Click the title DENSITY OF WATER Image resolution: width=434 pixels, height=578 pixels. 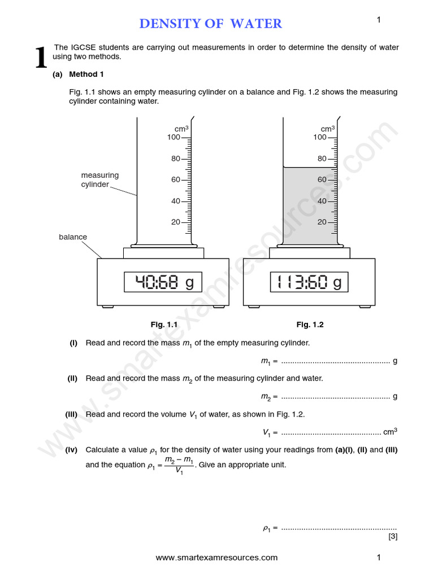[x=210, y=23]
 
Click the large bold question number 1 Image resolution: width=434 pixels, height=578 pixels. [x=41, y=59]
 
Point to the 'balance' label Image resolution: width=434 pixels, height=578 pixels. [x=73, y=237]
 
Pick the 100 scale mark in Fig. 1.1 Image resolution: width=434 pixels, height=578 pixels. [x=173, y=137]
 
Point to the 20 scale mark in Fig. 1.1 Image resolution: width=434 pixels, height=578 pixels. [x=176, y=222]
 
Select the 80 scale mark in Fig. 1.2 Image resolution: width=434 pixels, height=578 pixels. [x=322, y=159]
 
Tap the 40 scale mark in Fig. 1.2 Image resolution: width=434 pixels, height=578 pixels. [x=322, y=201]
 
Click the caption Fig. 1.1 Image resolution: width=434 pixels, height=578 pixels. [x=164, y=325]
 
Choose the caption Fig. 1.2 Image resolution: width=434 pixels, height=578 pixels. [x=310, y=325]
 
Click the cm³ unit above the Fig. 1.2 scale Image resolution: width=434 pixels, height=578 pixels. [x=328, y=128]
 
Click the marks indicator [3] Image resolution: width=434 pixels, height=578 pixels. [x=393, y=536]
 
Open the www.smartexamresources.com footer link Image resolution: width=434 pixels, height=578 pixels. [x=216, y=558]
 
